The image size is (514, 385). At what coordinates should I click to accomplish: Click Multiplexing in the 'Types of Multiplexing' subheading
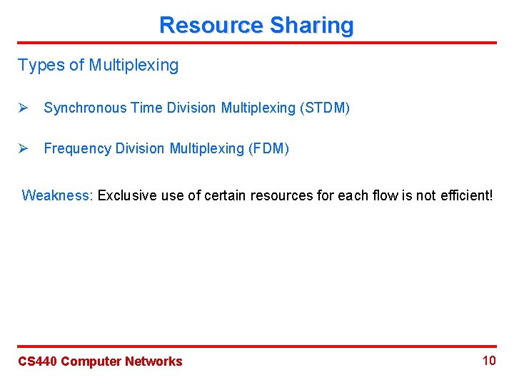133,66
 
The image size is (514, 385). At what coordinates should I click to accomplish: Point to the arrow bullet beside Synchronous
23,108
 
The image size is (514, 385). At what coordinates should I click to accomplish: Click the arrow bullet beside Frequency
23,148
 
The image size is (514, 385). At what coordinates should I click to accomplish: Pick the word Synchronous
83,108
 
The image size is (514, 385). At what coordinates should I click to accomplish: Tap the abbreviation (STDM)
325,108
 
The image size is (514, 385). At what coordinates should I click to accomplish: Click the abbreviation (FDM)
268,148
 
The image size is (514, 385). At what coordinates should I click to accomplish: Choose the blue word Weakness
57,195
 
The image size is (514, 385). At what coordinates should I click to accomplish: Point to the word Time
145,108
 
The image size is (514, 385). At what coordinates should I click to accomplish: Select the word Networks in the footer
153,361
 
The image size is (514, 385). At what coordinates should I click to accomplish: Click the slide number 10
489,360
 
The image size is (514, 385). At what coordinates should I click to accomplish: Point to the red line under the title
257,43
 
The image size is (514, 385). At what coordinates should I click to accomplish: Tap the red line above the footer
257,346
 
